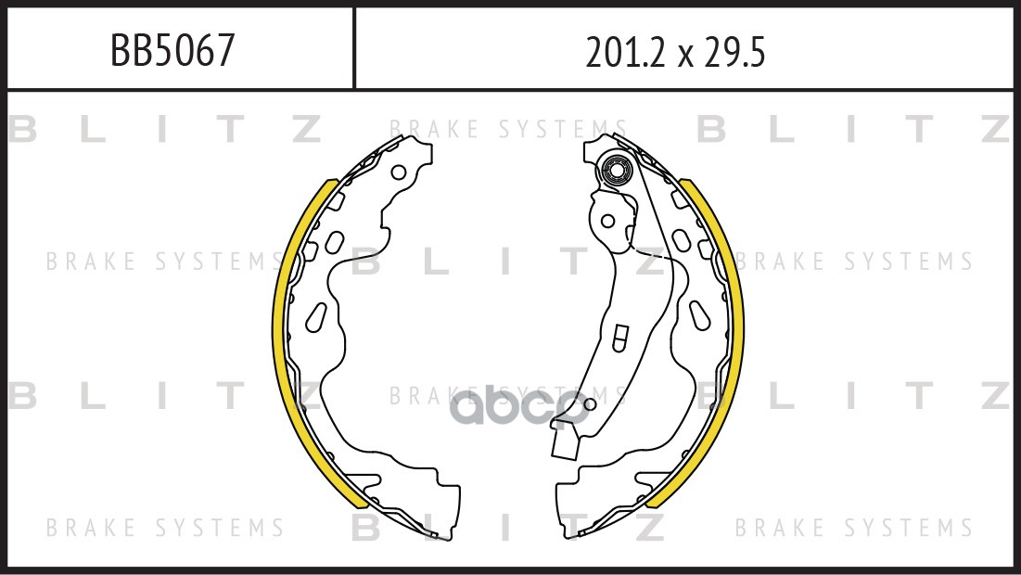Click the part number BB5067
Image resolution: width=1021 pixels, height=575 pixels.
(x=172, y=50)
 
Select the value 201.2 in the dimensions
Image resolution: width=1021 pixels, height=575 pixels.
(x=626, y=52)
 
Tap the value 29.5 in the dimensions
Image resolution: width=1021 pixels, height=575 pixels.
(x=734, y=52)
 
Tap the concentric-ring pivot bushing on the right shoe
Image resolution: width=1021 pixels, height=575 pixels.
(x=616, y=172)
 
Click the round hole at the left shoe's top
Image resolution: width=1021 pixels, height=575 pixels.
(x=399, y=173)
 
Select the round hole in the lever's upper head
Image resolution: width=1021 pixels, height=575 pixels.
(x=607, y=221)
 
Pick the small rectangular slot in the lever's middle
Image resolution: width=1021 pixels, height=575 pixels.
(x=619, y=338)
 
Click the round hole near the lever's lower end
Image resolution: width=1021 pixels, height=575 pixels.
(x=589, y=404)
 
